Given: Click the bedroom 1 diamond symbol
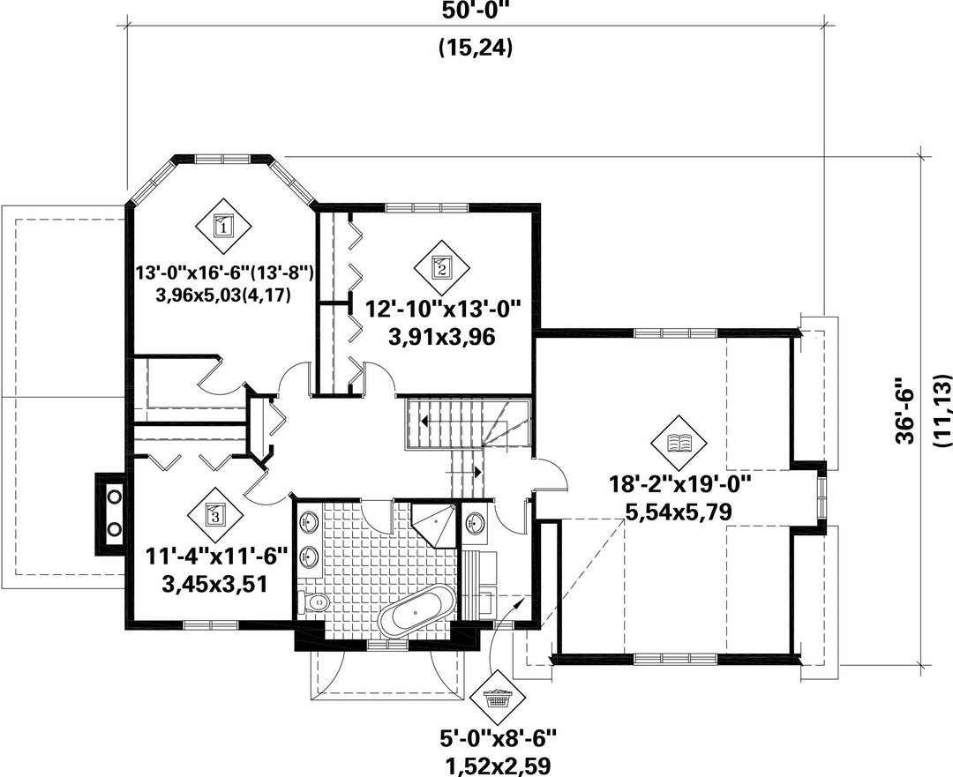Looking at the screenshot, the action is point(223,228).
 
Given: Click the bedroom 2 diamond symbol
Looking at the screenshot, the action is point(442,266).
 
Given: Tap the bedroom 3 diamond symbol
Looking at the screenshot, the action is point(214,515).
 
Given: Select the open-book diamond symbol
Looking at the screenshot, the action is point(679,443).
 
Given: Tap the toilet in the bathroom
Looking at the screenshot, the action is point(315,602).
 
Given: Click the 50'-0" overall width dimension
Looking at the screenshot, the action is point(476,11).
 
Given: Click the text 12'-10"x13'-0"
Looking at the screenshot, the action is point(444,310).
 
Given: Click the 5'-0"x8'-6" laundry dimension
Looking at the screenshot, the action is point(499,739).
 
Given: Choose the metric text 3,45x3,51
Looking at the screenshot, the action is point(215,585).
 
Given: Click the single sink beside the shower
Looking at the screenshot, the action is point(474,522).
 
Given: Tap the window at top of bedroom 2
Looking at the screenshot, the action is point(427,207).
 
